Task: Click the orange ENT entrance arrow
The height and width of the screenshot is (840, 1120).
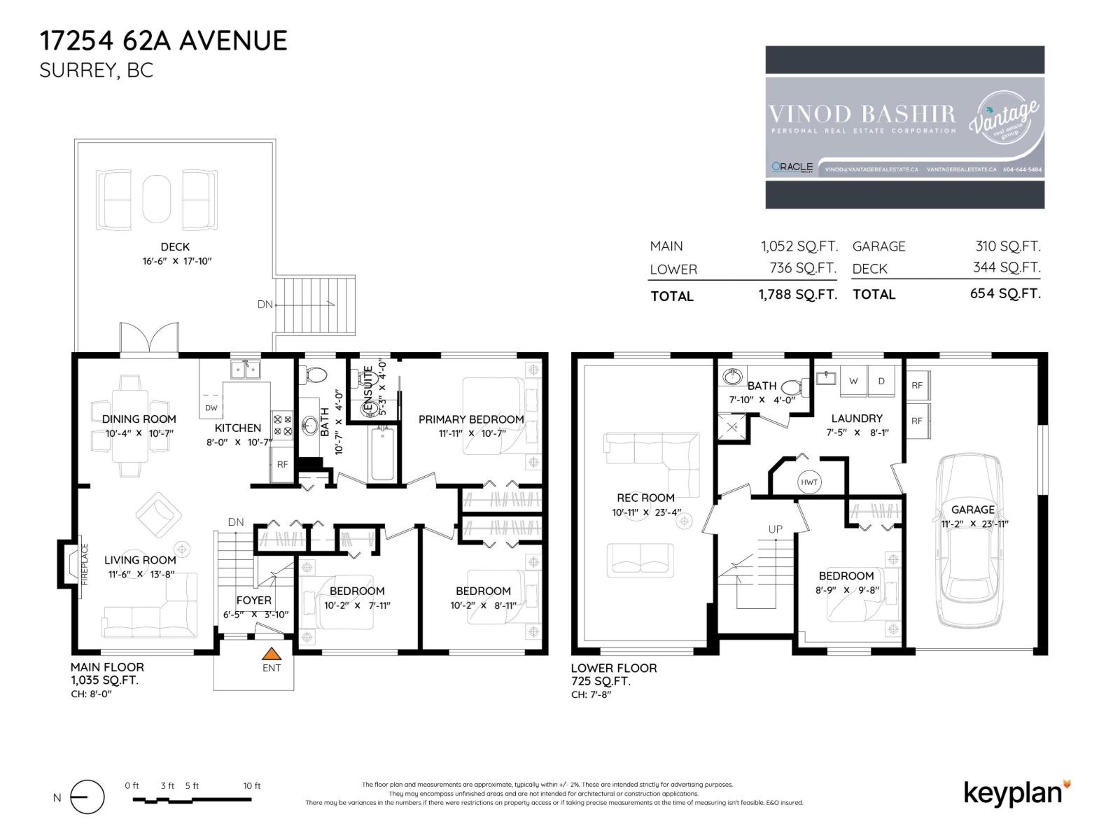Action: pos(272,654)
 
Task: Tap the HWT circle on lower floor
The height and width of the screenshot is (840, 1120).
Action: pos(809,482)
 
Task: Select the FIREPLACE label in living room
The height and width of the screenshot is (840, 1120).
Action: pos(85,564)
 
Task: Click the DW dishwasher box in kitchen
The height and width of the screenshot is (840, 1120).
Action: pos(211,407)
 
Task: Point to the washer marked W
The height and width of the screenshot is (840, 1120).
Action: pos(853,381)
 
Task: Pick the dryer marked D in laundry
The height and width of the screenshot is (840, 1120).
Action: pos(881,381)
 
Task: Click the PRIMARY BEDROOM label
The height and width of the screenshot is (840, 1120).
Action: pos(471,419)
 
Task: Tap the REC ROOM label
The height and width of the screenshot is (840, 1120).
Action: pos(645,498)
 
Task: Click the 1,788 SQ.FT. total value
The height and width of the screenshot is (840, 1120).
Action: pos(797,295)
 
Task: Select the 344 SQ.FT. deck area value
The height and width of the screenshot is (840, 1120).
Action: pos(1006,267)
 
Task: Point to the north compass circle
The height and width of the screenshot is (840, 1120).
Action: pos(87,797)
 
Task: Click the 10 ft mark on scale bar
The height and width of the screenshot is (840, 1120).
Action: pos(252,786)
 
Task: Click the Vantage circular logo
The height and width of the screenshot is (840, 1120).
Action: pos(1003,118)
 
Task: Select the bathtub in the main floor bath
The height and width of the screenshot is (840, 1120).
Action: pos(383,454)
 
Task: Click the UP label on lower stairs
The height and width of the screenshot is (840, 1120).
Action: pos(775,529)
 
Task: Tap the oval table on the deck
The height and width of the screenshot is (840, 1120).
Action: pos(156,198)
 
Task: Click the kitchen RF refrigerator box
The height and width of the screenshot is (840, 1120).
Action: pos(282,465)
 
